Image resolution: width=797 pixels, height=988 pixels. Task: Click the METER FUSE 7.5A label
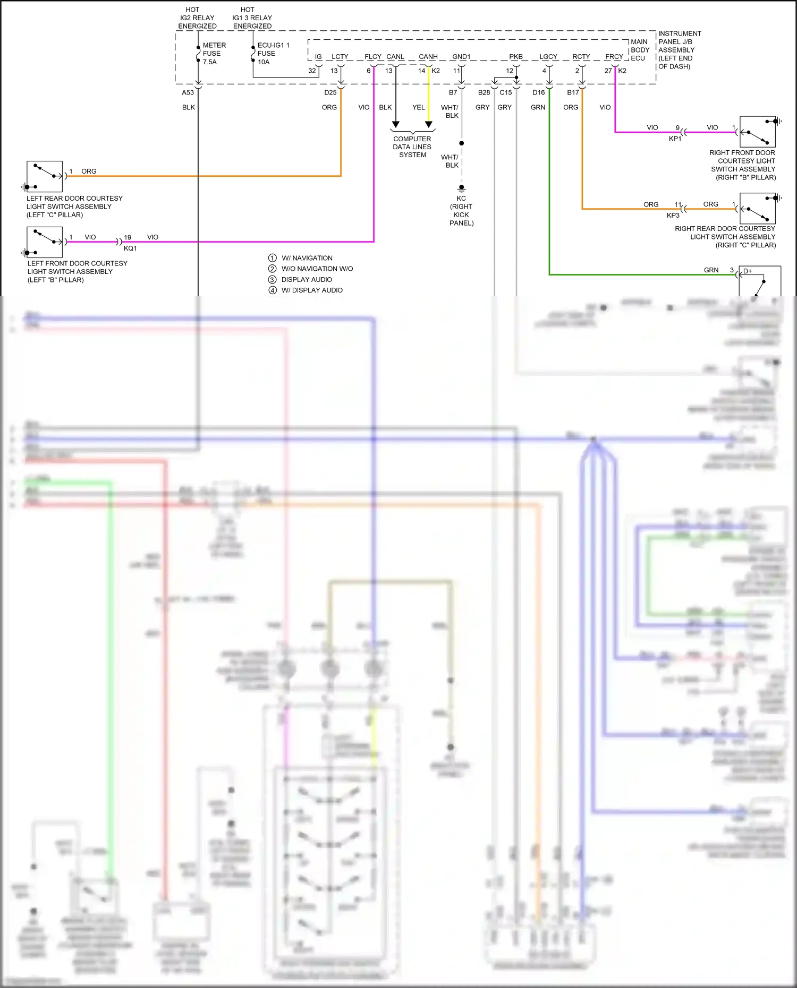(214, 54)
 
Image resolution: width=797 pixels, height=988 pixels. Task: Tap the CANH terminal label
(428, 57)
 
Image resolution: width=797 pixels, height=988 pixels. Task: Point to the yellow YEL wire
(429, 96)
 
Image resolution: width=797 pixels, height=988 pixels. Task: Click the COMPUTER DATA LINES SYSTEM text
(412, 147)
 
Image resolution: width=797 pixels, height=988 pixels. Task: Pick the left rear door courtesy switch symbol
(45, 176)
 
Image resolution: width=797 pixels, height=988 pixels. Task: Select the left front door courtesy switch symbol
(45, 242)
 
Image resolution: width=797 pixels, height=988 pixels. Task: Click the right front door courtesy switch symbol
(758, 132)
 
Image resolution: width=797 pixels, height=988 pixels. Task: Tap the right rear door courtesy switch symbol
(758, 209)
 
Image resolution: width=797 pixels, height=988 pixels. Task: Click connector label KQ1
(130, 248)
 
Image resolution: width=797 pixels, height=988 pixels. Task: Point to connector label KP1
(675, 139)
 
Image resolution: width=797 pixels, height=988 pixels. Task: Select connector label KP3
(673, 216)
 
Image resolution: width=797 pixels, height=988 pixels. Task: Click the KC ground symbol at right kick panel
(461, 188)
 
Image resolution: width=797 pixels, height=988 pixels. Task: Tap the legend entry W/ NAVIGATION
(307, 258)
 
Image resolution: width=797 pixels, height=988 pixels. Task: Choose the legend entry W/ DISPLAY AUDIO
(312, 290)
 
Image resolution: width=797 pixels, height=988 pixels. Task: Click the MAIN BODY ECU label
(639, 50)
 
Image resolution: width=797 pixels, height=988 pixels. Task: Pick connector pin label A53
(188, 92)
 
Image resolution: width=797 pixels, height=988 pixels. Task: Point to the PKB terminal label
(515, 57)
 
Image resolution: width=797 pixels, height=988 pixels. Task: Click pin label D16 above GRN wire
(538, 92)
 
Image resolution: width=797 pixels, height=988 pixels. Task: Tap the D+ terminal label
(748, 271)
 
